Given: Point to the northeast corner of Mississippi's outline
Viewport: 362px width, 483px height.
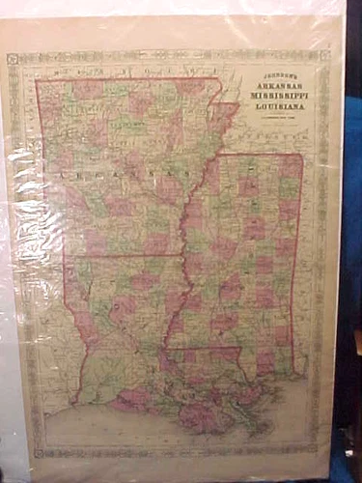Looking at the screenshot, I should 301,154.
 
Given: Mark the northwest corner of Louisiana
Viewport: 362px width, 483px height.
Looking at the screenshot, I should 66,258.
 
